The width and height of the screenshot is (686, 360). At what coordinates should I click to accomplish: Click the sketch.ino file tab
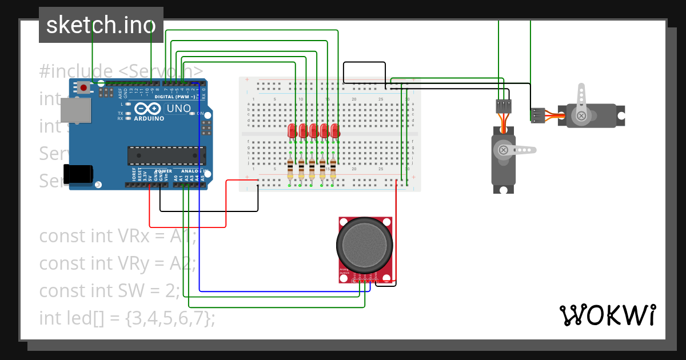point(101,25)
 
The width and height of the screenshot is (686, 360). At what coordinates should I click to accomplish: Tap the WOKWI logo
point(607,315)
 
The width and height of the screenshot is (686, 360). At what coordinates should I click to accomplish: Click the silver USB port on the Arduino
point(75,110)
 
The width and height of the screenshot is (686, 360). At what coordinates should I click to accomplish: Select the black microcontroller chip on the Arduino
point(166,155)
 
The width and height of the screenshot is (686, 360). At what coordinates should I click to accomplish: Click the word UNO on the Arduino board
point(178,109)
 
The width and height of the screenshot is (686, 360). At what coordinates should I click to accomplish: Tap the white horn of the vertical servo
point(517,150)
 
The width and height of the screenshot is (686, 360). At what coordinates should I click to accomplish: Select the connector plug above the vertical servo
point(503,106)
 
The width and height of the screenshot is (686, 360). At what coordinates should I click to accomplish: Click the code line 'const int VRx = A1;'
point(118,235)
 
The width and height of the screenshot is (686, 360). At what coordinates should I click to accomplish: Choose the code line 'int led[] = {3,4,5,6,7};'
point(127,318)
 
